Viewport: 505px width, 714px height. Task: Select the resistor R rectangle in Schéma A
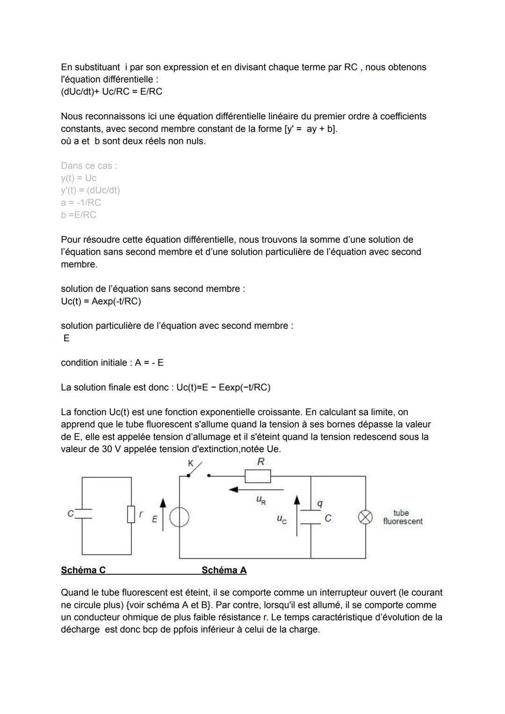[x=258, y=476]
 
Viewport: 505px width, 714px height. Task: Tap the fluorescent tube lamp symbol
[x=365, y=517]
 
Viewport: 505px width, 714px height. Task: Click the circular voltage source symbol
[x=179, y=518]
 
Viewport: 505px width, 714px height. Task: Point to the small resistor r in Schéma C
[x=131, y=514]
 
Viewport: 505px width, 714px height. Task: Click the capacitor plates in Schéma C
[x=82, y=514]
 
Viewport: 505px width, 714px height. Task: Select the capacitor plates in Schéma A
[x=310, y=517]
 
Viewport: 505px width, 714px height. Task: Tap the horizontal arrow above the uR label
[x=256, y=490]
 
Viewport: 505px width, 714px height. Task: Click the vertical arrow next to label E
[x=163, y=514]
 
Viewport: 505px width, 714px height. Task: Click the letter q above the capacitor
[x=320, y=504]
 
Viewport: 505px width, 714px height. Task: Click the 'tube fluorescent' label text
[x=402, y=517]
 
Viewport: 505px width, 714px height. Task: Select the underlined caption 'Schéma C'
[x=83, y=570]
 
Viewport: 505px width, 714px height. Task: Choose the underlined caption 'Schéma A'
[x=224, y=570]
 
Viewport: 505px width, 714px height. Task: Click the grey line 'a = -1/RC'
[x=81, y=202]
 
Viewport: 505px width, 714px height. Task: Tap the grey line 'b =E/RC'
[x=79, y=215]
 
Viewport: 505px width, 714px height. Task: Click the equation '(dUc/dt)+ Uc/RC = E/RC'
[x=112, y=92]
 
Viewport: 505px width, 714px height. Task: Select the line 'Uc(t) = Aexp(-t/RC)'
[x=101, y=301]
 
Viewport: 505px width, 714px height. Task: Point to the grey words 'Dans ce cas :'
[x=89, y=166]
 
